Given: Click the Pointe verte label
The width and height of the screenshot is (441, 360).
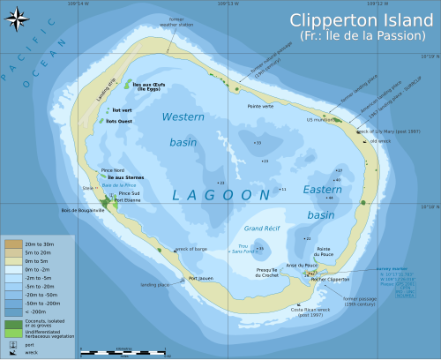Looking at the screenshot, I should tap(260, 106).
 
